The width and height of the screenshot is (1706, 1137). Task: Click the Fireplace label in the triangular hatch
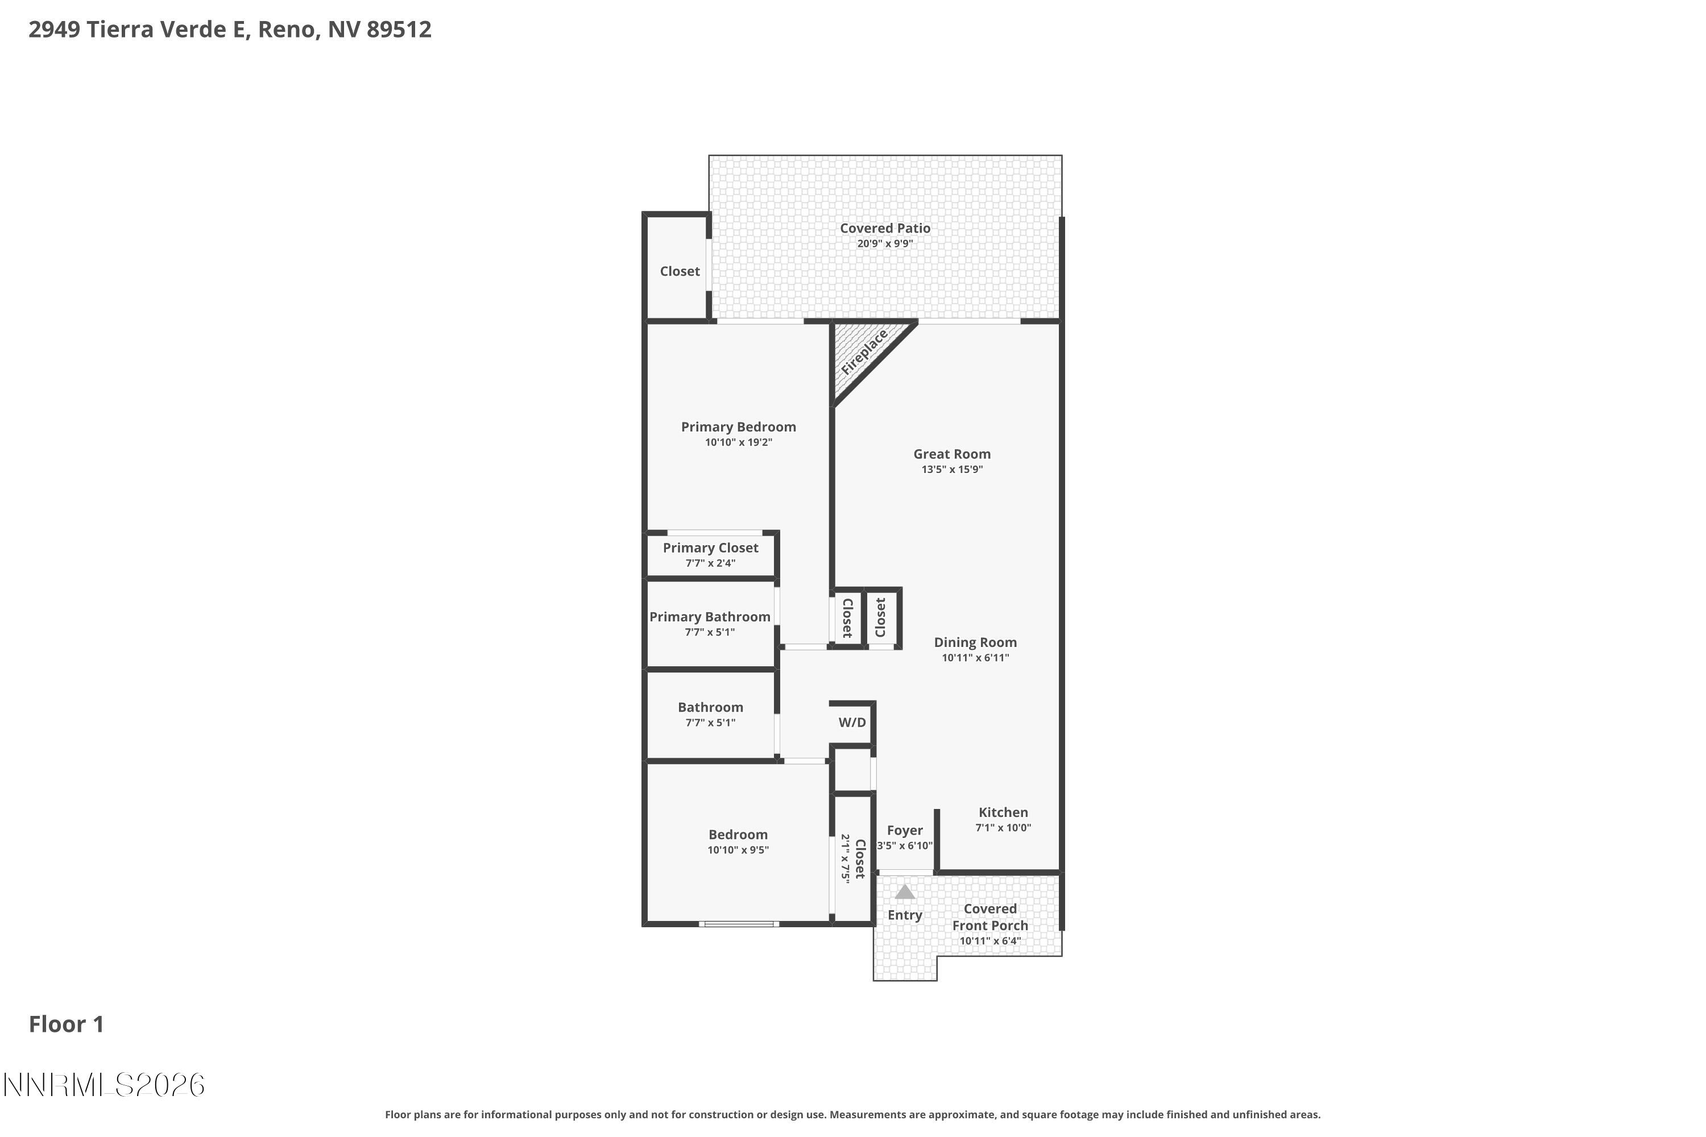[864, 352]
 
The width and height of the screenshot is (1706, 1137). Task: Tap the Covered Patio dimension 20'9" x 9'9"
[885, 244]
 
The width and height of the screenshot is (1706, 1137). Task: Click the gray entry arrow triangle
[905, 892]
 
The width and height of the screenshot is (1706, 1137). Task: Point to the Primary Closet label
[710, 547]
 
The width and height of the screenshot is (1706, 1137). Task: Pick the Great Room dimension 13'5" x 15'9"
[951, 469]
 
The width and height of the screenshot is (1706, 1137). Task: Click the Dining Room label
[975, 642]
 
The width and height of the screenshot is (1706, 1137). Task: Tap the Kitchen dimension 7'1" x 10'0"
[1003, 827]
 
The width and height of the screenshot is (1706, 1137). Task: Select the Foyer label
[905, 830]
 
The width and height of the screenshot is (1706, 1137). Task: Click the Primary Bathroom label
[709, 616]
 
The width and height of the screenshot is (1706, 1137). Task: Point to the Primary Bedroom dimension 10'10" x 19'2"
[738, 442]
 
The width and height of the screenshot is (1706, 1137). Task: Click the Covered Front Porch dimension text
[989, 941]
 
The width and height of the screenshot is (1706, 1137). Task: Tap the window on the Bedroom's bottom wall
[739, 924]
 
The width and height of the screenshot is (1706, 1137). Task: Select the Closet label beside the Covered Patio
[680, 271]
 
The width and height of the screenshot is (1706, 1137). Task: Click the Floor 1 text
[66, 1024]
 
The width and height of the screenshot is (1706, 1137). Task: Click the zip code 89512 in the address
[399, 29]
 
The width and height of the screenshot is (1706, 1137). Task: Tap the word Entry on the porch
[905, 915]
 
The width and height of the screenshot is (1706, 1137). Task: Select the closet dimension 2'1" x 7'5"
[845, 858]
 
